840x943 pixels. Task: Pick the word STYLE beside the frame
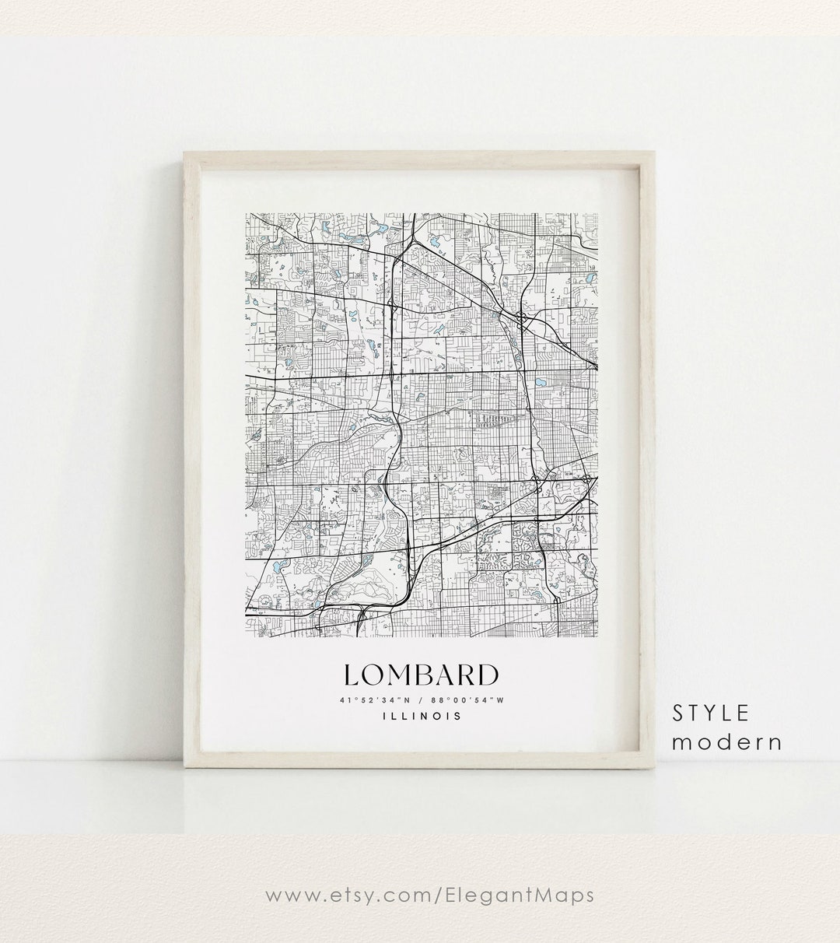tap(711, 713)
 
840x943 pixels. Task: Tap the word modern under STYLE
tap(727, 741)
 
